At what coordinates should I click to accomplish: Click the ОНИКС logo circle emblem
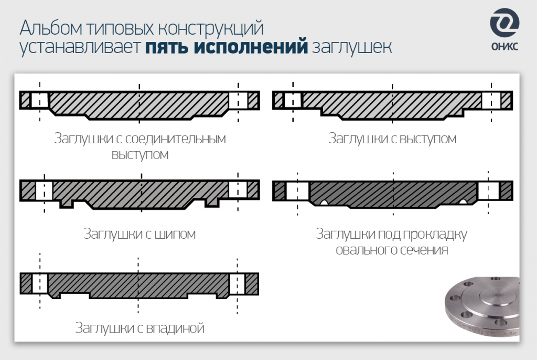pyautogui.click(x=504, y=24)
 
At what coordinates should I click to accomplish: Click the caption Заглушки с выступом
pyautogui.click(x=392, y=139)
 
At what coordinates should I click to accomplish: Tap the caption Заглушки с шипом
pyautogui.click(x=139, y=234)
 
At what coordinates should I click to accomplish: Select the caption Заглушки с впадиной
pyautogui.click(x=139, y=329)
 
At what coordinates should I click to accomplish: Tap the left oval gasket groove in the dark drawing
pyautogui.click(x=325, y=203)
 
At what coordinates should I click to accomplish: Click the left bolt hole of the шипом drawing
pyautogui.click(x=44, y=189)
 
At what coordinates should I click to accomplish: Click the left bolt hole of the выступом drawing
pyautogui.click(x=293, y=100)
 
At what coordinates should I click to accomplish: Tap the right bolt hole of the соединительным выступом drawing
pyautogui.click(x=238, y=100)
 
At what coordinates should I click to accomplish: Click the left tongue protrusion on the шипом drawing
pyautogui.click(x=67, y=203)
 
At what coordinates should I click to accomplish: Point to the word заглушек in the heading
pyautogui.click(x=351, y=47)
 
